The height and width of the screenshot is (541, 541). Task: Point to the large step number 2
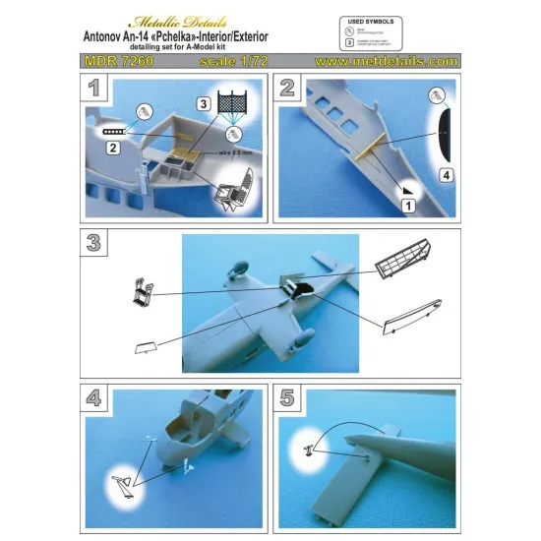289,89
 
